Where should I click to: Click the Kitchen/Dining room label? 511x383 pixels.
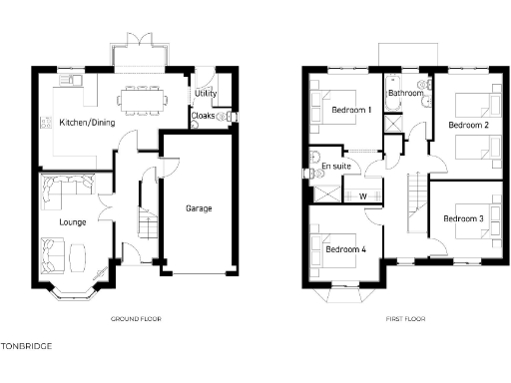point(87,123)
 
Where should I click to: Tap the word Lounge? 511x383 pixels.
point(72,220)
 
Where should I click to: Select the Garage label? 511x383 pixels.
point(199,208)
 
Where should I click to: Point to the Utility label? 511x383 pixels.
point(206,93)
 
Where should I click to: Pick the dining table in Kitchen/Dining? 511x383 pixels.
point(143,98)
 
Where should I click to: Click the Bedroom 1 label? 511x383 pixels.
point(351,109)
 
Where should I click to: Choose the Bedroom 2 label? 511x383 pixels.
point(467,125)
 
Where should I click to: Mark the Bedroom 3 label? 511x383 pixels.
point(463,218)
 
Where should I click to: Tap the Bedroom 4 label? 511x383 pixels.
point(345,249)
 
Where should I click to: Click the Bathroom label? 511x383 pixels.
point(406,93)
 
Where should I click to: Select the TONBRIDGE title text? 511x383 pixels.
point(27,346)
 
